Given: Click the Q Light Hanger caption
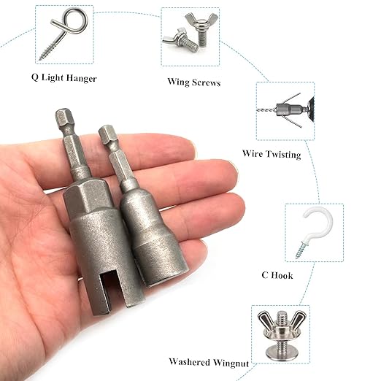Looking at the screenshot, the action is [x=64, y=78].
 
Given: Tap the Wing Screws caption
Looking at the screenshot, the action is [x=194, y=82].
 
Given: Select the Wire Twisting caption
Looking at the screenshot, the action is [x=272, y=154].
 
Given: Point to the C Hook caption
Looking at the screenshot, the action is [x=277, y=275].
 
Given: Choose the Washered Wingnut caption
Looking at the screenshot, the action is [x=209, y=362].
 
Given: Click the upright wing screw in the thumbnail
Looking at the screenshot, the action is [x=201, y=29].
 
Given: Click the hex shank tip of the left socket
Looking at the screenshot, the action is [x=64, y=115].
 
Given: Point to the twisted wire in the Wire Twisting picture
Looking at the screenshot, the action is [x=266, y=110].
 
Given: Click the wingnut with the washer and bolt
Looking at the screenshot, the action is [x=280, y=334].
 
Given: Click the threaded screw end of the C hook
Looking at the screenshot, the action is [x=301, y=250].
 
